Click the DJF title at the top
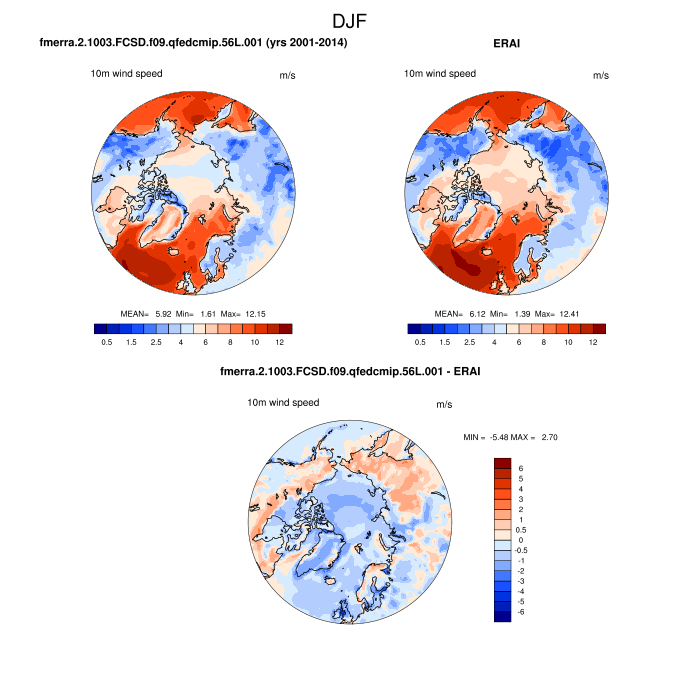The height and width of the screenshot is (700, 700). coord(350,19)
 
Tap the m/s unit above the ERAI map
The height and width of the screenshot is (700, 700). coord(601,75)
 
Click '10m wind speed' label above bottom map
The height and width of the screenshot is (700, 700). coord(283,403)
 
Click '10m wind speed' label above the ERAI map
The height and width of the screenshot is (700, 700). coord(440,73)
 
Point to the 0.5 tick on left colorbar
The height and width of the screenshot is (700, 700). coord(105,342)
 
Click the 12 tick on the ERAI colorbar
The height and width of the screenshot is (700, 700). coord(592,342)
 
